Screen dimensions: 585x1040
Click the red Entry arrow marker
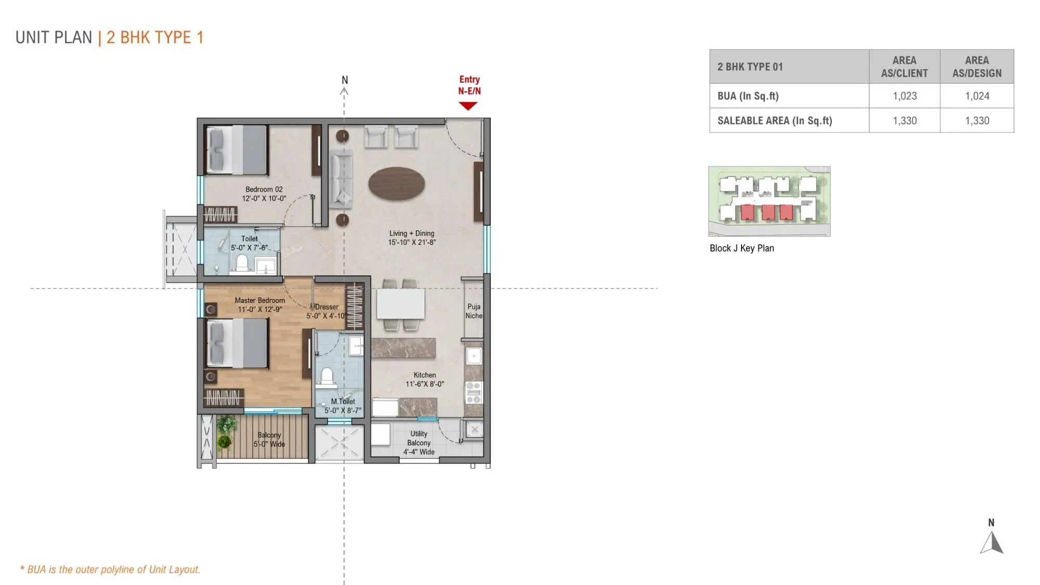pyautogui.click(x=468, y=106)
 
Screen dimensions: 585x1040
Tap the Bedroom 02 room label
pyautogui.click(x=264, y=189)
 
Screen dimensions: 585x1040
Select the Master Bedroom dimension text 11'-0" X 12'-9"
pyautogui.click(x=259, y=309)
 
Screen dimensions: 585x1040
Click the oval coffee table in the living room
pyautogui.click(x=396, y=183)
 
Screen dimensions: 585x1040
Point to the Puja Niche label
pyautogui.click(x=474, y=311)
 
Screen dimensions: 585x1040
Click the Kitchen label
pyautogui.click(x=424, y=375)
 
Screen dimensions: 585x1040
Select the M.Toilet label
pyautogui.click(x=343, y=401)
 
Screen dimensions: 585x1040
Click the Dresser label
pyautogui.click(x=327, y=307)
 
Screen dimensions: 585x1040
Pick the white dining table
pyautogui.click(x=400, y=304)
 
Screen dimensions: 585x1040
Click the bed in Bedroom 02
pyautogui.click(x=237, y=149)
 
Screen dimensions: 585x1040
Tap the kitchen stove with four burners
pyautogui.click(x=473, y=393)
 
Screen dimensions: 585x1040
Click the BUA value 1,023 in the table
pyautogui.click(x=904, y=96)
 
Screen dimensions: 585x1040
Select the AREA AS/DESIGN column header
pyautogui.click(x=977, y=67)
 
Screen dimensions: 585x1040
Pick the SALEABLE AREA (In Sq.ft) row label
pyautogui.click(x=774, y=121)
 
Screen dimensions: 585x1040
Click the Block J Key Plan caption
pyautogui.click(x=742, y=248)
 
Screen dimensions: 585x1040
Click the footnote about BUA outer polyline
pyautogui.click(x=110, y=569)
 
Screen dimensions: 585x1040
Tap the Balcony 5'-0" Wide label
pyautogui.click(x=269, y=439)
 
